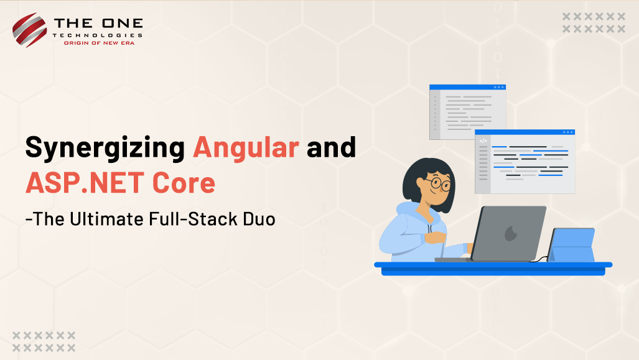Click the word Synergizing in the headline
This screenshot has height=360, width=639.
tap(105, 147)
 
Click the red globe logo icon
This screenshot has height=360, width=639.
tap(29, 30)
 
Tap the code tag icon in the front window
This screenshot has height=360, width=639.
tap(483, 141)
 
